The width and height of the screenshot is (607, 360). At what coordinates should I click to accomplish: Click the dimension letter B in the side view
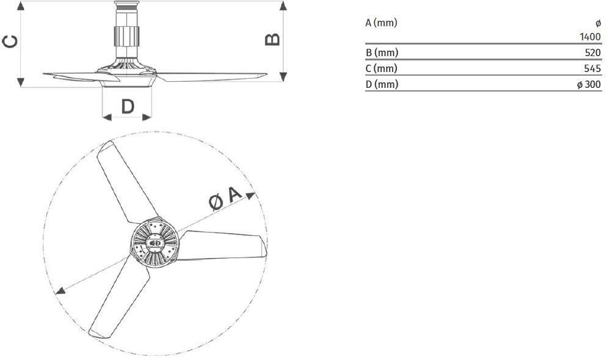pyautogui.click(x=272, y=38)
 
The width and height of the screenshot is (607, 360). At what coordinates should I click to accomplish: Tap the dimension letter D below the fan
pyautogui.click(x=127, y=107)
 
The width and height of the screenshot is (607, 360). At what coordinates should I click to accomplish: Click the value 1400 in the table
pyautogui.click(x=590, y=37)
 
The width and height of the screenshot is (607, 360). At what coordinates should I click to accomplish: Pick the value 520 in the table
pyautogui.click(x=592, y=52)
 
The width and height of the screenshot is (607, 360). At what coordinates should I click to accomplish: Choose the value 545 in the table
pyautogui.click(x=592, y=68)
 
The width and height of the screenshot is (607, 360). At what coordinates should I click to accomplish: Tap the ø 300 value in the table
pyautogui.click(x=589, y=84)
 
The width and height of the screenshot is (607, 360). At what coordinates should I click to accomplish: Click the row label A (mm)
pyautogui.click(x=381, y=23)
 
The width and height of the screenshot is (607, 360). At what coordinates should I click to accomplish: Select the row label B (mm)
pyautogui.click(x=381, y=52)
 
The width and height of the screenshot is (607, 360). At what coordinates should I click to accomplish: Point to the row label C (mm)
pyautogui.click(x=381, y=68)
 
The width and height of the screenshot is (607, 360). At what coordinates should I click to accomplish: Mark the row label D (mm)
pyautogui.click(x=382, y=84)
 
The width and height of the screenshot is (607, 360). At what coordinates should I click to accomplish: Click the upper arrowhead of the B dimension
pyautogui.click(x=283, y=5)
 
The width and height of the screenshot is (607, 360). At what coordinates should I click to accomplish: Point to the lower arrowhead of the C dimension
pyautogui.click(x=20, y=82)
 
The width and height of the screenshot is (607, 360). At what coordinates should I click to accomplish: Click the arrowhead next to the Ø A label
pyautogui.click(x=252, y=195)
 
